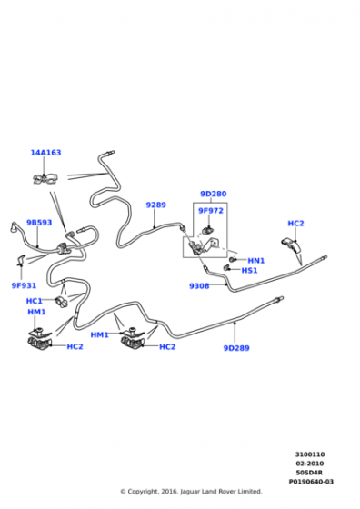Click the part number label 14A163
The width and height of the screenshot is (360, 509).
click(x=45, y=153)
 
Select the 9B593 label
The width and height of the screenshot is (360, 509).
click(x=39, y=222)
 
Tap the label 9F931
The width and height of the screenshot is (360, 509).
click(x=24, y=284)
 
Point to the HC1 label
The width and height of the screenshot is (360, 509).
click(x=35, y=301)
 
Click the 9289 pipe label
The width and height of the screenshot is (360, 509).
click(x=156, y=205)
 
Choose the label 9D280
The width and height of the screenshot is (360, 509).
click(x=214, y=194)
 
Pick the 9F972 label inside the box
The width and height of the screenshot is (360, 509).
click(x=211, y=211)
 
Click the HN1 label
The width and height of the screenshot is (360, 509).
click(x=255, y=260)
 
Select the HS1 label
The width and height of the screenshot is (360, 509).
click(x=249, y=270)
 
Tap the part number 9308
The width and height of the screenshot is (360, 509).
click(x=199, y=285)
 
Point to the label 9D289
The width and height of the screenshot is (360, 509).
click(x=236, y=347)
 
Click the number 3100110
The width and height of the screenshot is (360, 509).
click(x=310, y=454)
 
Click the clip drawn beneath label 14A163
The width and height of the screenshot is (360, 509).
click(x=44, y=177)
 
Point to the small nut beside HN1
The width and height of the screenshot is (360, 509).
click(x=234, y=260)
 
